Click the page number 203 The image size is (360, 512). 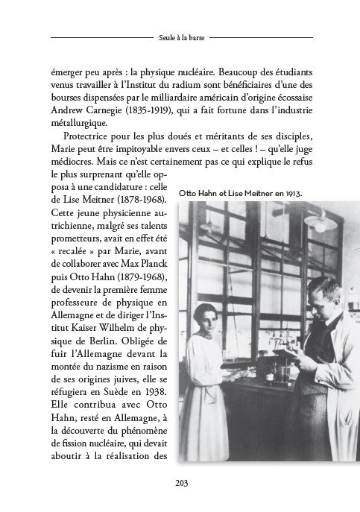point(180,482)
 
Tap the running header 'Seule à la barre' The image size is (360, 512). point(180,36)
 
